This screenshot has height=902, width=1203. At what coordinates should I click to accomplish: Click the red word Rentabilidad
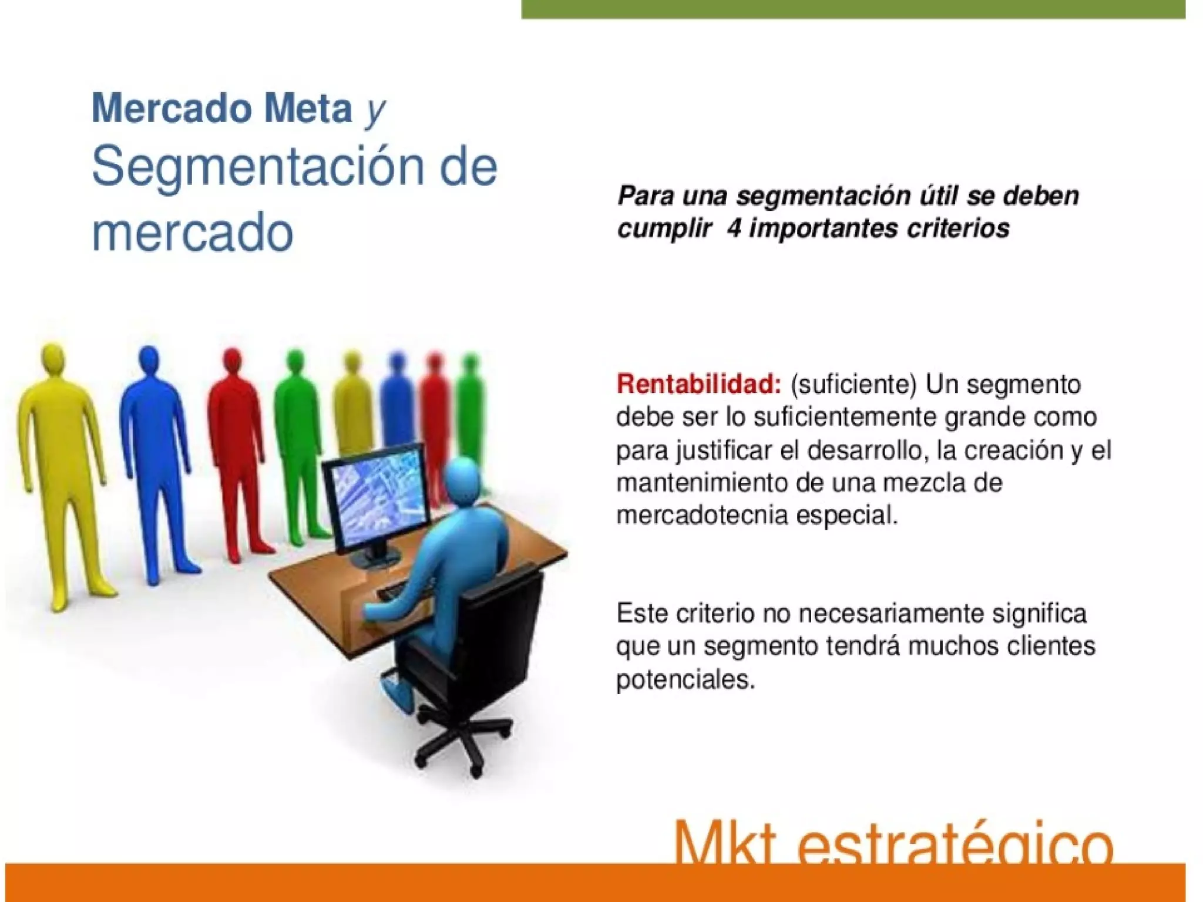tap(698, 385)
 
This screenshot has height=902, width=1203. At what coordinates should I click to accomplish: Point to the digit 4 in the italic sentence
tap(734, 228)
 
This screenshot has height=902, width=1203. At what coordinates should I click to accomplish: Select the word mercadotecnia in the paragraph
tap(702, 516)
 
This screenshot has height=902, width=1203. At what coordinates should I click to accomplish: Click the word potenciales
tap(685, 680)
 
